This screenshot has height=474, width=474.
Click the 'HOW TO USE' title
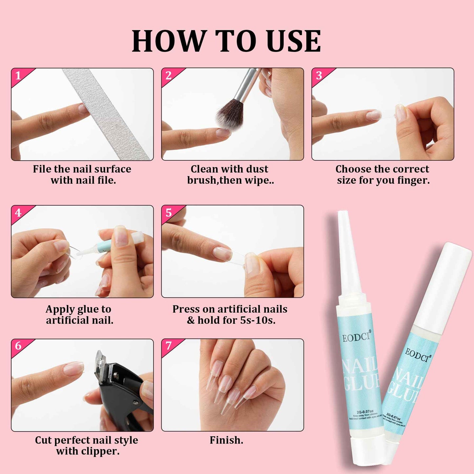click(226, 41)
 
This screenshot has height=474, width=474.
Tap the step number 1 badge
click(18, 76)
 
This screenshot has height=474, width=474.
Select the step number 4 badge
click(18, 213)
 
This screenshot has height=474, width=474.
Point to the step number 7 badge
click(168, 346)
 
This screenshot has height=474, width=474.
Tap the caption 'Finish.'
click(226, 440)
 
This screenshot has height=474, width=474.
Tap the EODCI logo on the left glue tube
click(356, 337)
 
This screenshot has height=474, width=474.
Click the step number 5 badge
click(168, 213)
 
